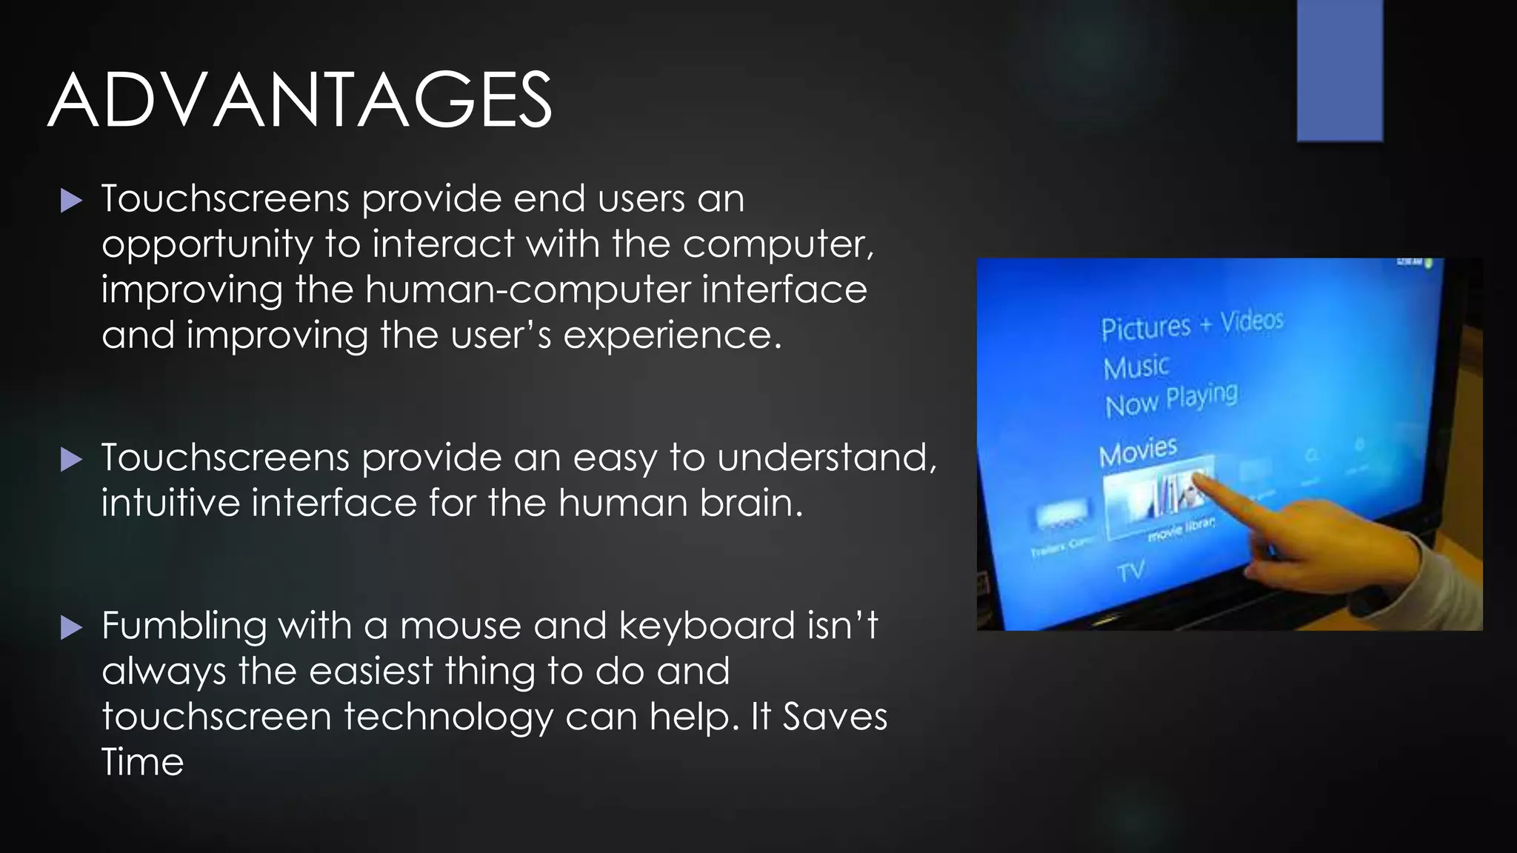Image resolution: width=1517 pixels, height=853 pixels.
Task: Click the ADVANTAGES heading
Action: point(300,101)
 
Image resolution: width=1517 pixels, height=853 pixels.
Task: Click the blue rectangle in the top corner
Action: point(1339,70)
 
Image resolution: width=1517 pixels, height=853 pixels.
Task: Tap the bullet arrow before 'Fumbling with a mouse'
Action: point(71,628)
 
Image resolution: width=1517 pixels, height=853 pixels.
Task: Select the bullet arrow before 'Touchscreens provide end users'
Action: point(71,200)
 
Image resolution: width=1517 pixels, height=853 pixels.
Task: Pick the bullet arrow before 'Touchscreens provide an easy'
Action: point(71,459)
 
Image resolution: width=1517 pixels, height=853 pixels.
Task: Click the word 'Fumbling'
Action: point(184,626)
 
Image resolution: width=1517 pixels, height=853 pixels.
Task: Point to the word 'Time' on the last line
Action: point(142,762)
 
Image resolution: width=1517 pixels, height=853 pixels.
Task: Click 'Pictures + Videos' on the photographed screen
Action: point(1191,325)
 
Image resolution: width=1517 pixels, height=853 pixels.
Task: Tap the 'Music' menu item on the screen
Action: point(1136,367)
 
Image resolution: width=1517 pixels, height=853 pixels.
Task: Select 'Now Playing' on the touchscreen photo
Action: point(1171,401)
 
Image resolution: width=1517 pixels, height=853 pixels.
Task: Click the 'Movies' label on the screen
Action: point(1138,452)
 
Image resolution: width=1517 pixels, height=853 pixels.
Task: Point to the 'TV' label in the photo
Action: point(1131,572)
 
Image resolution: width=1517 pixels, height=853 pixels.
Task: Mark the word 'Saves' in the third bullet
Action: point(835,717)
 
